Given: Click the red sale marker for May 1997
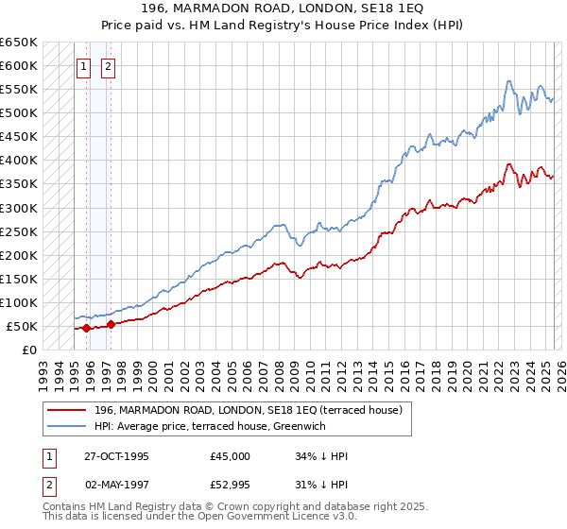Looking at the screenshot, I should [111, 324].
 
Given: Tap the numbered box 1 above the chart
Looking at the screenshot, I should [84, 66].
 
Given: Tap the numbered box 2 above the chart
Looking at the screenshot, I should [109, 66].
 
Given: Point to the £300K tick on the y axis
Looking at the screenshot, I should [20, 208].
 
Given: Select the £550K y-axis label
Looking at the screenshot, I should [20, 90].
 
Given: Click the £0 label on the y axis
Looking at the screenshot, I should [29, 350].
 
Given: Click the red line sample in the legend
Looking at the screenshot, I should [66, 410].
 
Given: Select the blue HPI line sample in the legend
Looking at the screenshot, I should [66, 426].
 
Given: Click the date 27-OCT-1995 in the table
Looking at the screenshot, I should [116, 455].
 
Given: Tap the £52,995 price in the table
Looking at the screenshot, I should [230, 486].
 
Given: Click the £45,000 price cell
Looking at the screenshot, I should [230, 455].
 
